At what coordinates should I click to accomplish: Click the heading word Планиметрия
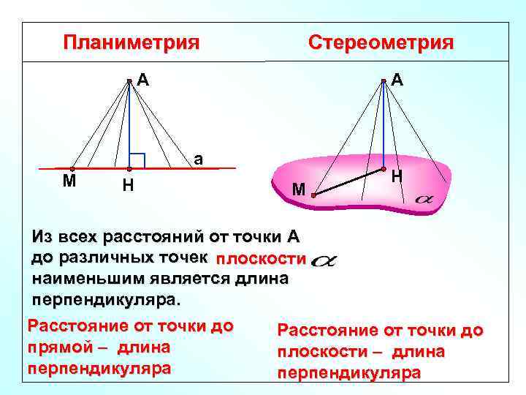[131, 42]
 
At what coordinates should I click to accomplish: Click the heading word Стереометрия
[381, 42]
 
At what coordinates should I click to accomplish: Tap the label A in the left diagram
[144, 79]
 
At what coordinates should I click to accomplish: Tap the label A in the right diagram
[397, 79]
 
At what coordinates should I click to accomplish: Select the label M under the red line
[69, 181]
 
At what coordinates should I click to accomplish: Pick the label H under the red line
[127, 186]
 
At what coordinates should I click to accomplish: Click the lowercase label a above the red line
[198, 159]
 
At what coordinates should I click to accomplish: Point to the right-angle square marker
[137, 161]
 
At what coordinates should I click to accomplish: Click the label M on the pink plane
[298, 190]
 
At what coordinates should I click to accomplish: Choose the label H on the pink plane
[397, 176]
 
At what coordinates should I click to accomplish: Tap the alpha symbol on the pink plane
[423, 198]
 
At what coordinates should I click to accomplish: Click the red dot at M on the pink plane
[312, 195]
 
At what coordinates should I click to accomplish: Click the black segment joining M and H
[348, 182]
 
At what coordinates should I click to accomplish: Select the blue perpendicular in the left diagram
[129, 124]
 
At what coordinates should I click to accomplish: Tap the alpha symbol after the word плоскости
[323, 260]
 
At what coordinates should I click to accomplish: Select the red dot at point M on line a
[72, 169]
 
